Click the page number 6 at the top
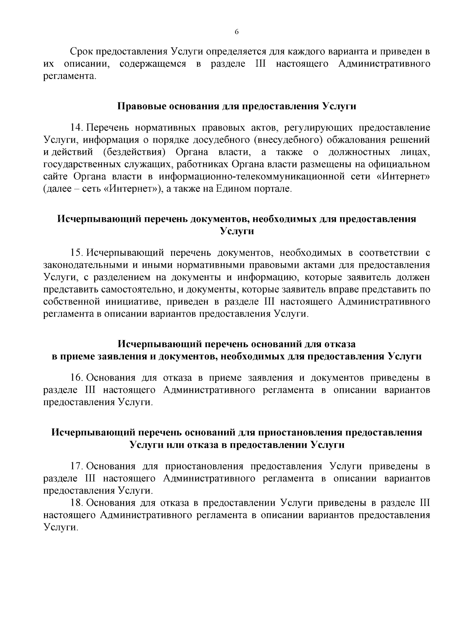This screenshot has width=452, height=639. pos(237,32)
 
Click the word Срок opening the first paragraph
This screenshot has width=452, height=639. pos(79,51)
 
